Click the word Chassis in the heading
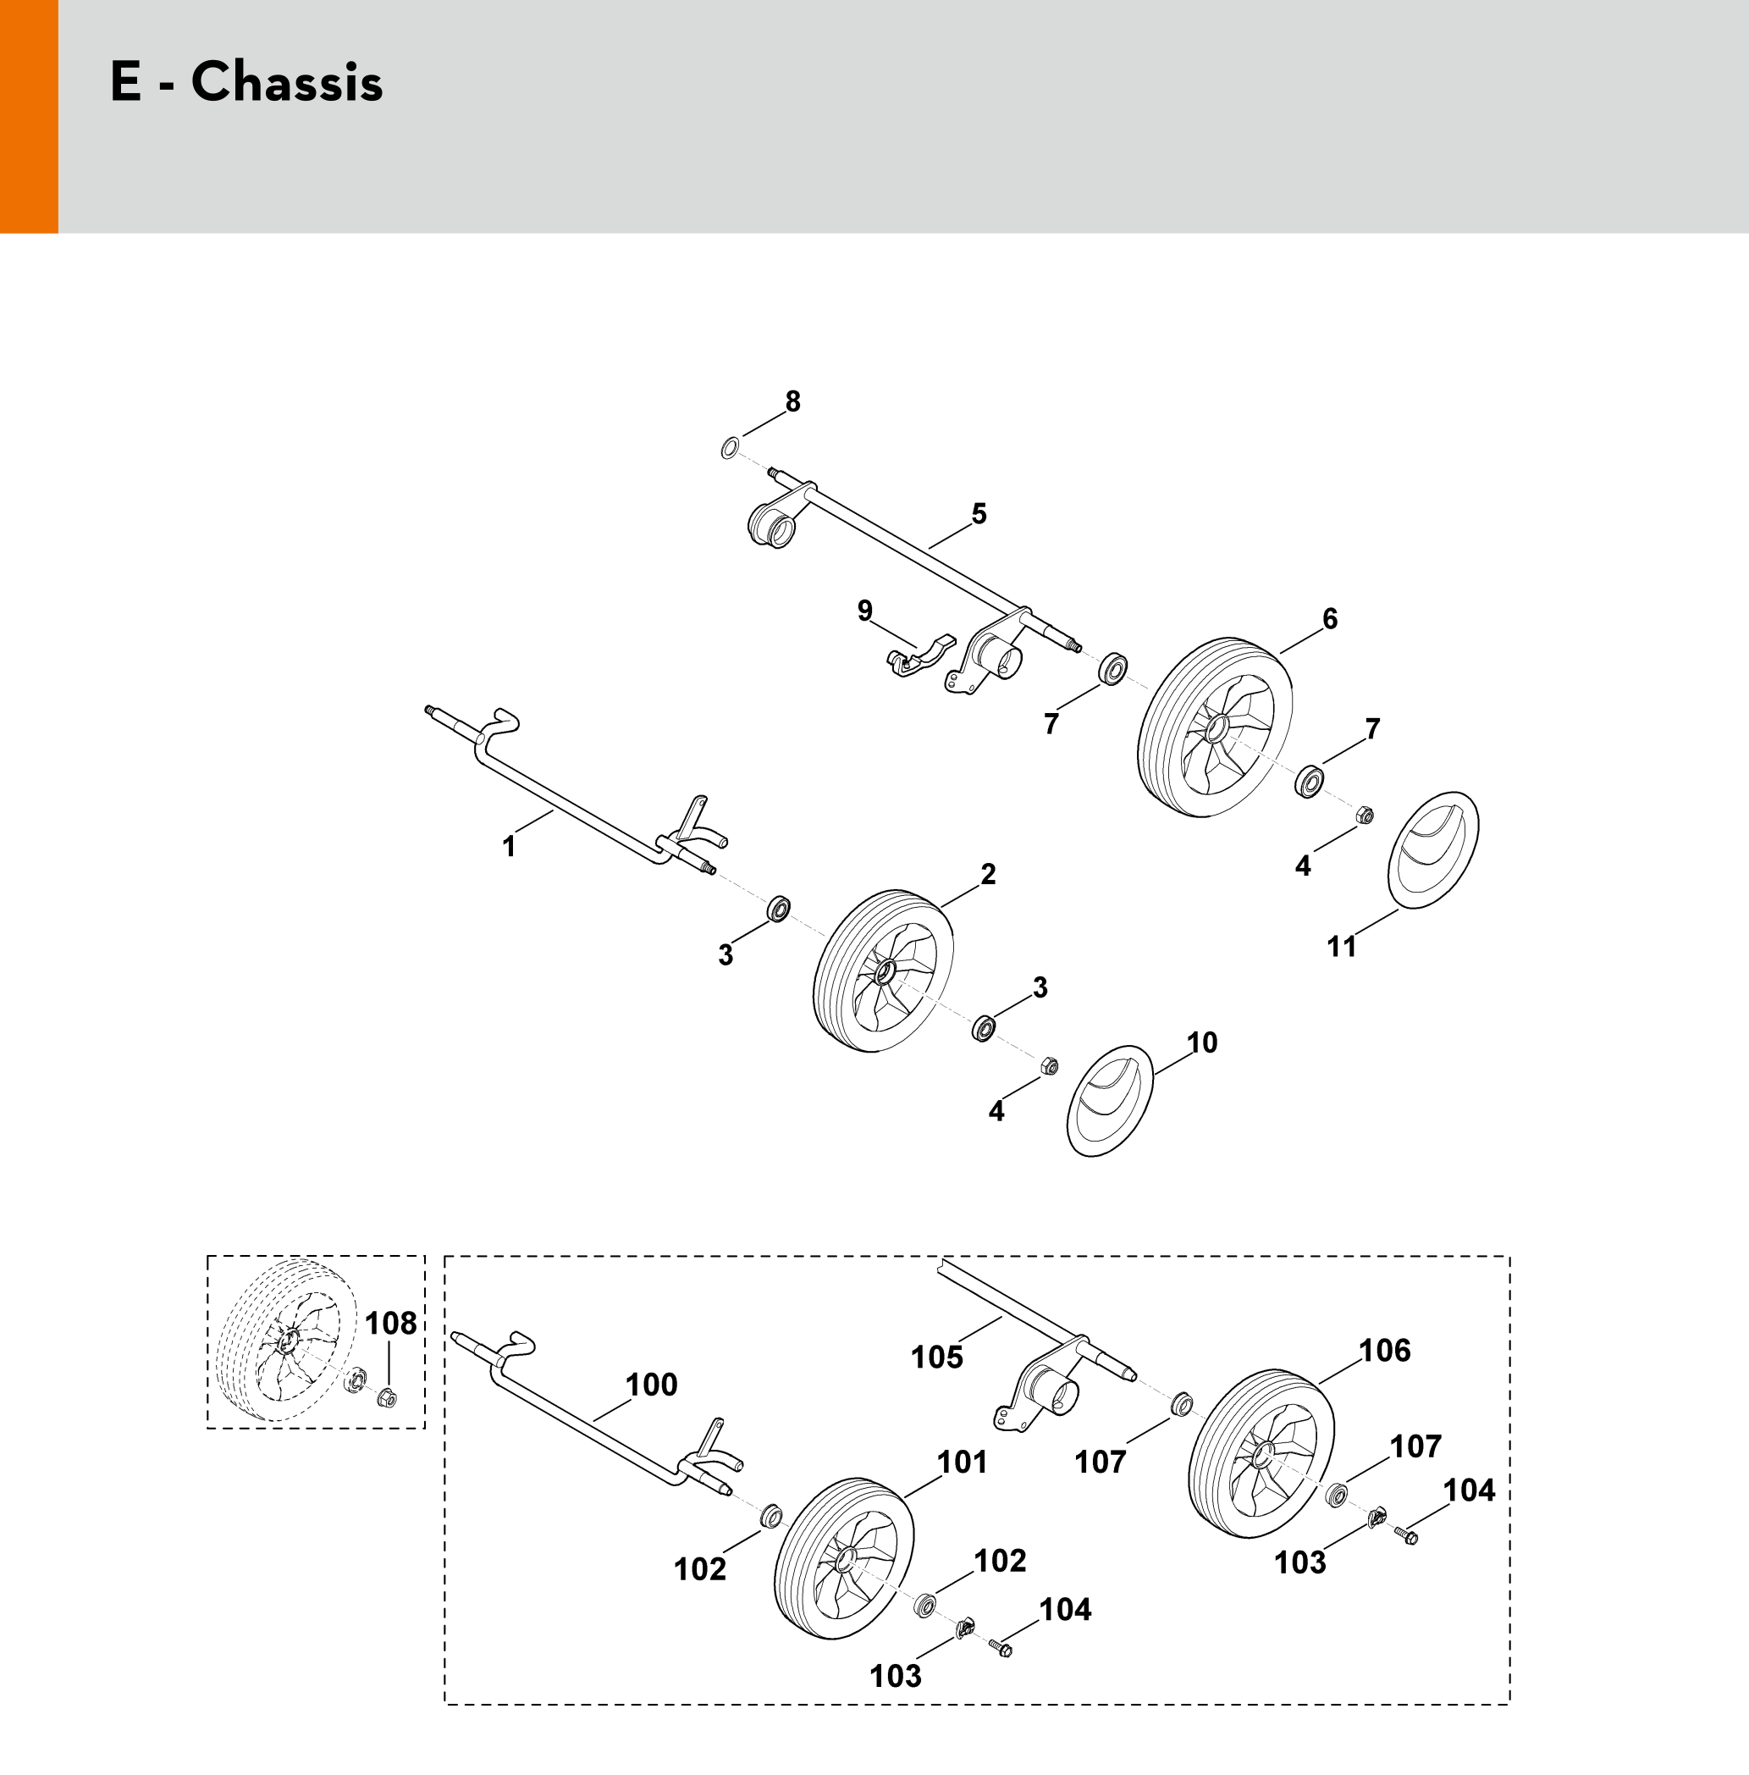pos(287,82)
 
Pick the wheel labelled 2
pos(884,970)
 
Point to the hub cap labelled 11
pos(1432,850)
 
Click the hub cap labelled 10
pos(1110,1101)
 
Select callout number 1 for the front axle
pos(509,846)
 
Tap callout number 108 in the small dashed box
pos(391,1323)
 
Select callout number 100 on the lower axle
pos(651,1384)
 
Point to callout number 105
pos(937,1357)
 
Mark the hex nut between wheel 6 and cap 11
pos(1364,815)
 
